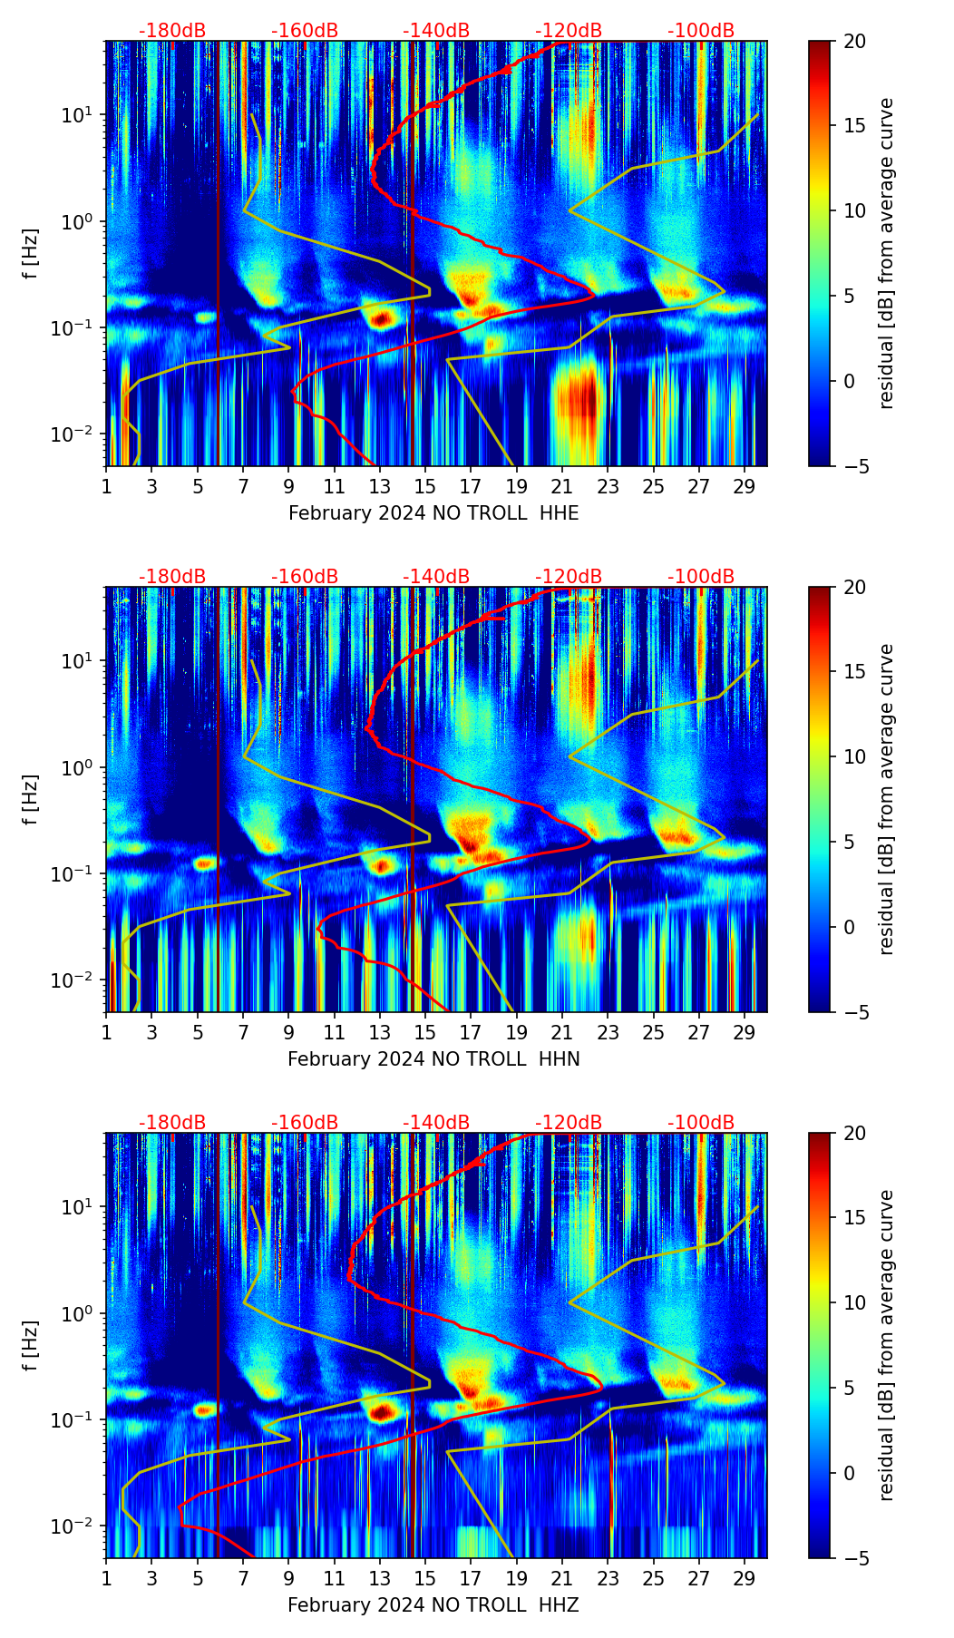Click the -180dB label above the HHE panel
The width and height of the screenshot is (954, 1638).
point(172,31)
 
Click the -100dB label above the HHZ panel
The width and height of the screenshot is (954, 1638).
point(701,1123)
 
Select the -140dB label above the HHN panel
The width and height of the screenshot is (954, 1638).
point(436,577)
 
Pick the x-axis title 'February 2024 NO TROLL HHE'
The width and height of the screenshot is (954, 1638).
point(433,513)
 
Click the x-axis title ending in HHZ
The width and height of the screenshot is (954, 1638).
point(433,1605)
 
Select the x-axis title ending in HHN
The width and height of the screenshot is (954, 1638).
point(433,1059)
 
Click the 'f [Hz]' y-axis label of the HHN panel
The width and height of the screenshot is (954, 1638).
point(31,799)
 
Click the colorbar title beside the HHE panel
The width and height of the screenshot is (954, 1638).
point(887,253)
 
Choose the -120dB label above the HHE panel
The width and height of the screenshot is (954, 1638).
point(569,31)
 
